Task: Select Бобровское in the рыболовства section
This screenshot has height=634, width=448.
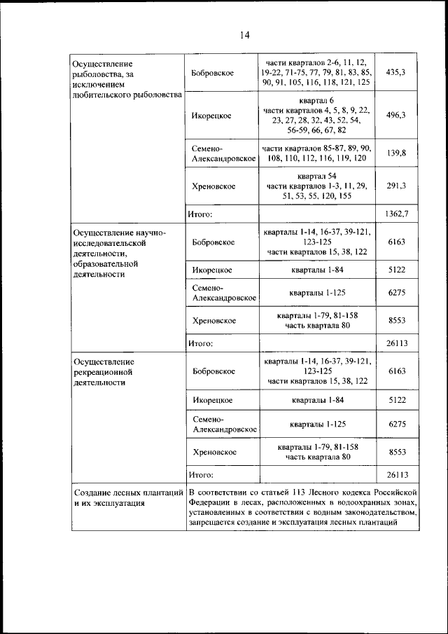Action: (x=213, y=73)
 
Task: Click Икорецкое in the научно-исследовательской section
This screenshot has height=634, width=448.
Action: (x=212, y=269)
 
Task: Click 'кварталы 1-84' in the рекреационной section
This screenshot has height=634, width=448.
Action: (x=317, y=400)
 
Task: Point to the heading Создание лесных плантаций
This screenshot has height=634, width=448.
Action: (x=128, y=492)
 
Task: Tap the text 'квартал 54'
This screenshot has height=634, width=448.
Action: (x=317, y=175)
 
